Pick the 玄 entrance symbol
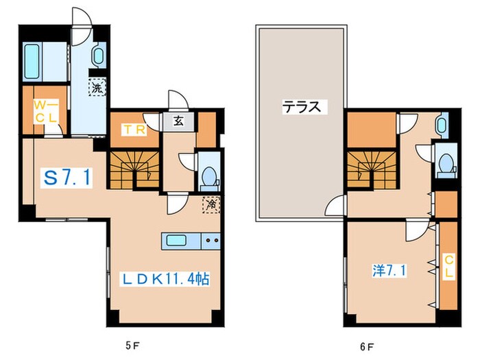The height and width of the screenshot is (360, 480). [178, 121]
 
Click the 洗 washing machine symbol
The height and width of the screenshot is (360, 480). [97, 87]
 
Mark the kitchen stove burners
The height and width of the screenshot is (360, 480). [211, 241]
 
